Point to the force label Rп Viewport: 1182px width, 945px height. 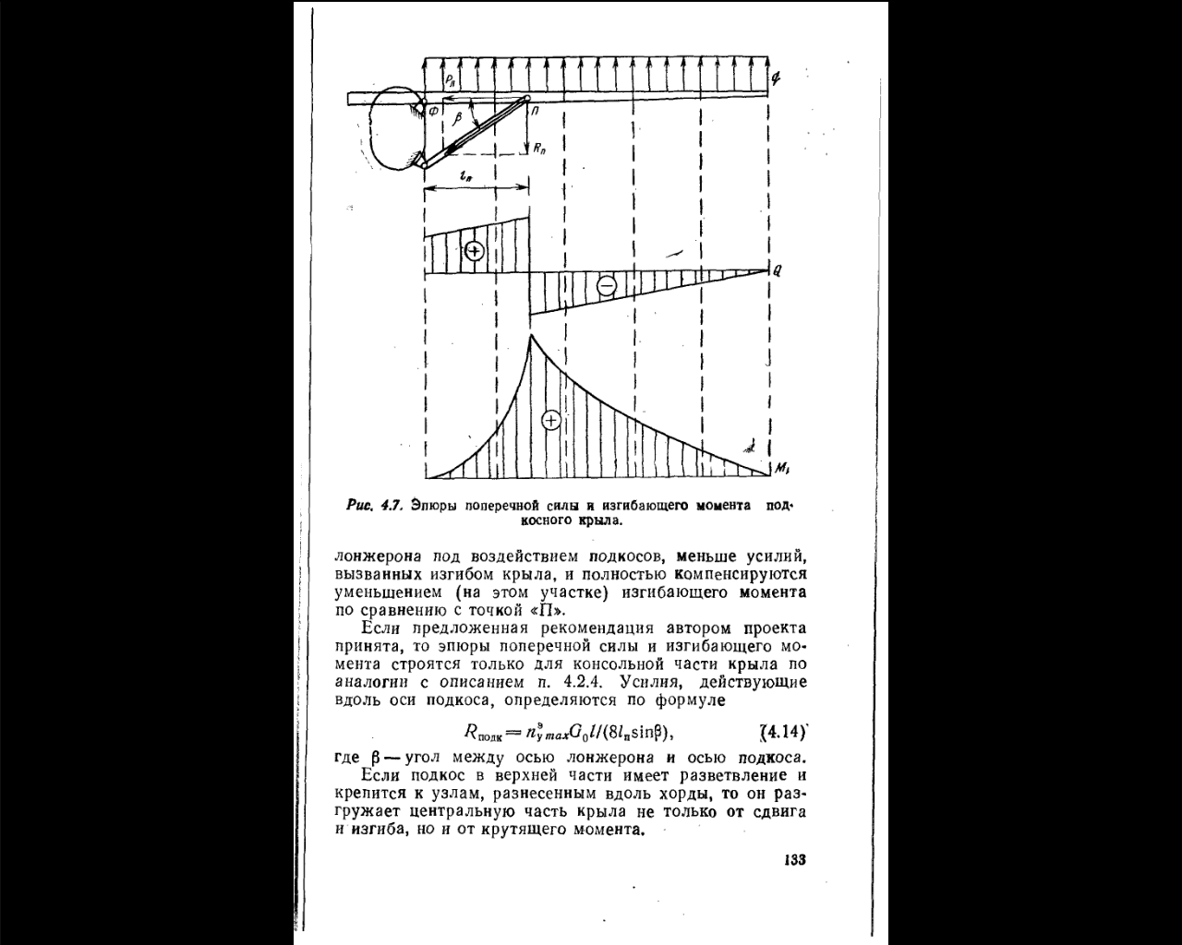[538, 148]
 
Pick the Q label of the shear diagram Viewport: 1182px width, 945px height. [778, 271]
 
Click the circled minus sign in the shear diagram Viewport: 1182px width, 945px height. [607, 286]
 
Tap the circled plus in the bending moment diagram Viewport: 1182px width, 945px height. [550, 421]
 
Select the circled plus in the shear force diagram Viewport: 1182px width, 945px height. [474, 250]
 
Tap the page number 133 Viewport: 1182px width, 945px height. [795, 860]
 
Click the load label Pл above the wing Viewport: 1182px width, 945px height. [448, 81]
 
